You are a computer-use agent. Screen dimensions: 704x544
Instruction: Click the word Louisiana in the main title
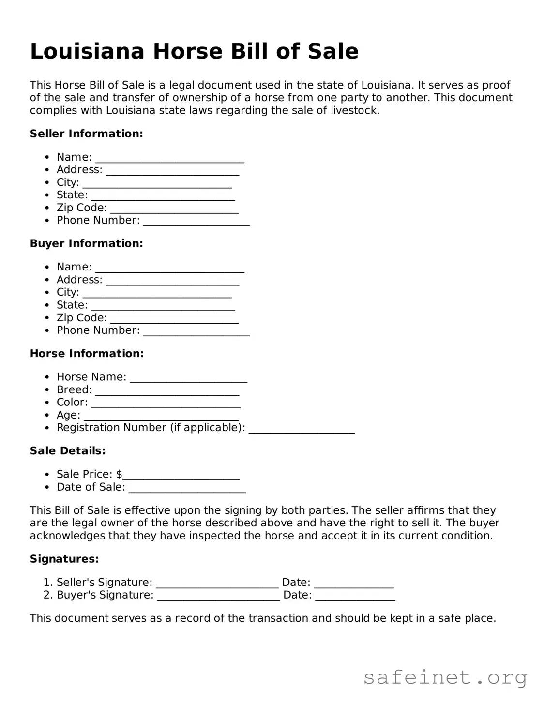tap(87, 51)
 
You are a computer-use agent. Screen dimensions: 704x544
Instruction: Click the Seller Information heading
tap(86, 134)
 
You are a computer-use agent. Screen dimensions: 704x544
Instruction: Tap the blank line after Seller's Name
tap(169, 159)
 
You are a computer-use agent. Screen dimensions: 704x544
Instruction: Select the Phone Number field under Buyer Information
tap(196, 332)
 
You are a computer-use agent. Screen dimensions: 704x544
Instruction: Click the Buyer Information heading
tap(86, 243)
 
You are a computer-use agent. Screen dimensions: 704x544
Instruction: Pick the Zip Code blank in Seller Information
tap(174, 209)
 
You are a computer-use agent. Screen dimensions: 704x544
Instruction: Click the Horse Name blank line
tap(189, 378)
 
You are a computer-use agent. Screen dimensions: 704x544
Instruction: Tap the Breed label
tap(74, 390)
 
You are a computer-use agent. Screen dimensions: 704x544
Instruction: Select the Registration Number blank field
tap(302, 429)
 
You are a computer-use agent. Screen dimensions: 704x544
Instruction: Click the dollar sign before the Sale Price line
tap(119, 474)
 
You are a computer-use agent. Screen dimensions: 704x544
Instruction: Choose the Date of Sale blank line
tap(187, 489)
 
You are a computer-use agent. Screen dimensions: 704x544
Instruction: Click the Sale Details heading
tap(68, 451)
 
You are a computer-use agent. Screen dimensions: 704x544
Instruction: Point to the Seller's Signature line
tap(217, 584)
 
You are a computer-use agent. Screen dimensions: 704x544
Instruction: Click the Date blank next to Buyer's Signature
tap(355, 597)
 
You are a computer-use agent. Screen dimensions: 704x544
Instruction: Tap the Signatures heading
tap(64, 559)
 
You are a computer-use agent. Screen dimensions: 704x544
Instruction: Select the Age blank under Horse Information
tap(161, 417)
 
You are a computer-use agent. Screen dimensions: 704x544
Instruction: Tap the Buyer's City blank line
tap(157, 294)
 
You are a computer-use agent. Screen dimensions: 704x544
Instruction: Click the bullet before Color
tap(46, 403)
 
